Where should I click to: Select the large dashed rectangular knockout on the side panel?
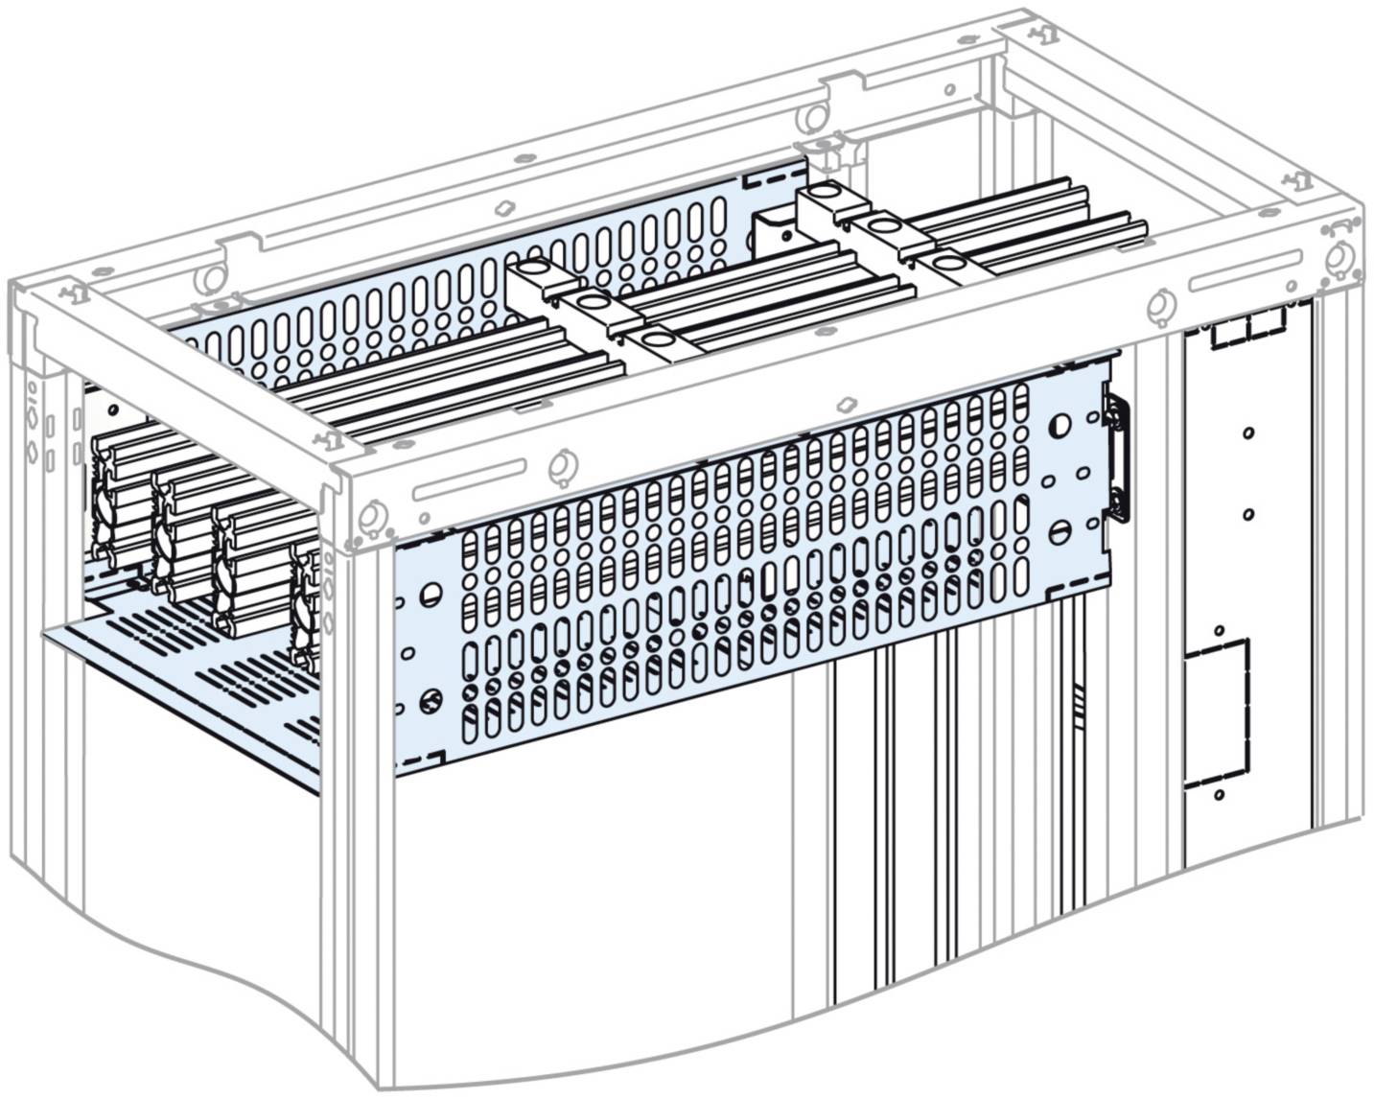(x=1217, y=713)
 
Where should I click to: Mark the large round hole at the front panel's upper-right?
(x=1061, y=424)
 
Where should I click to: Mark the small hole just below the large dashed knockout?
(x=1218, y=795)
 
